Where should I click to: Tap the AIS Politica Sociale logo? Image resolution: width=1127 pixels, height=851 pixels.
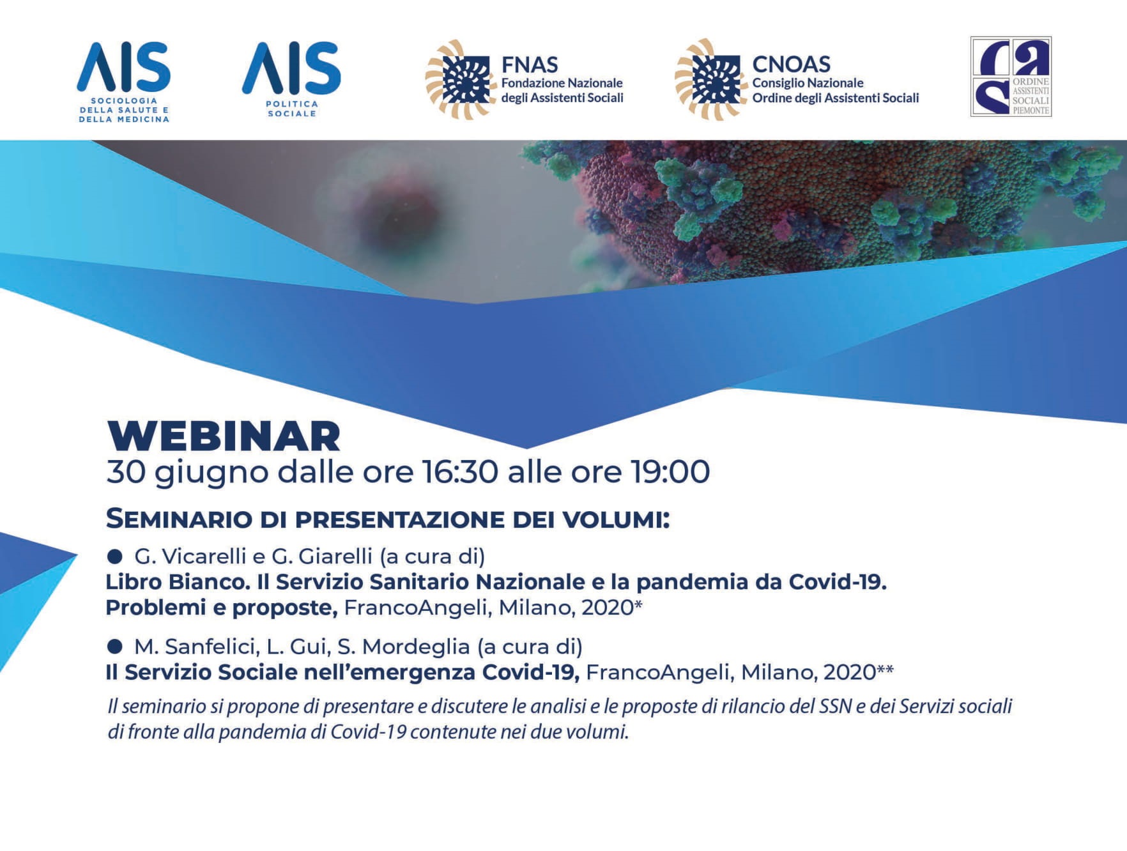click(291, 80)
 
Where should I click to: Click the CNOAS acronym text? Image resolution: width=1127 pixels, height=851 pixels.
click(792, 64)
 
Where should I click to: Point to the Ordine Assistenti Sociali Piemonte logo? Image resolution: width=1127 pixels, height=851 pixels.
click(1011, 77)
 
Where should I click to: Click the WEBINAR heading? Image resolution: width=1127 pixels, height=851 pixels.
click(224, 436)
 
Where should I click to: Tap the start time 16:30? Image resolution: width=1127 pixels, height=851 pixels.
click(459, 472)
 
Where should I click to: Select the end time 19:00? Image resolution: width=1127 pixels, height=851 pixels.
click(670, 472)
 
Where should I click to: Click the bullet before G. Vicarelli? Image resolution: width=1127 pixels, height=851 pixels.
click(115, 557)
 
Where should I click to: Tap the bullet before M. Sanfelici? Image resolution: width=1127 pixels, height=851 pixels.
click(115, 647)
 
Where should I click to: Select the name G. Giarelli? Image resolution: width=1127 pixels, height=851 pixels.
click(322, 556)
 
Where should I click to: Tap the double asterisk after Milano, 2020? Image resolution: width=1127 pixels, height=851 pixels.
click(885, 668)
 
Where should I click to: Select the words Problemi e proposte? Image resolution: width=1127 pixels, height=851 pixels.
click(222, 608)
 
